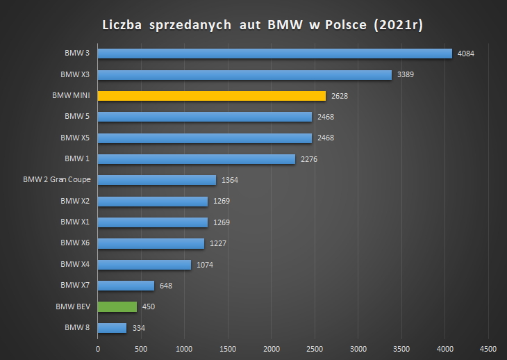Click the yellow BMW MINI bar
[x=212, y=96]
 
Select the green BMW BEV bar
[x=117, y=307]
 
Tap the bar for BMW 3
[x=275, y=54]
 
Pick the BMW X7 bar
[x=126, y=286]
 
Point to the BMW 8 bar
[x=113, y=328]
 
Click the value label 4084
[x=465, y=54]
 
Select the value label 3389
[x=406, y=75]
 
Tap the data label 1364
[x=230, y=180]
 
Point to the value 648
[x=166, y=286]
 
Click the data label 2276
[x=309, y=159]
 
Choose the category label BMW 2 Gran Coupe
[x=57, y=180]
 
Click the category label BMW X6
[x=75, y=243]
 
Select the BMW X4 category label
[x=75, y=264]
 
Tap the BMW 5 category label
[x=77, y=117]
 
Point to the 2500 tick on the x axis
[x=315, y=350]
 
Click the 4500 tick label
[x=488, y=350]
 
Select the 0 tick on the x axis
[x=98, y=350]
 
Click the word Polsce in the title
[x=346, y=25]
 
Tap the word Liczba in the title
[x=122, y=25]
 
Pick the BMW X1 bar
[x=153, y=222]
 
